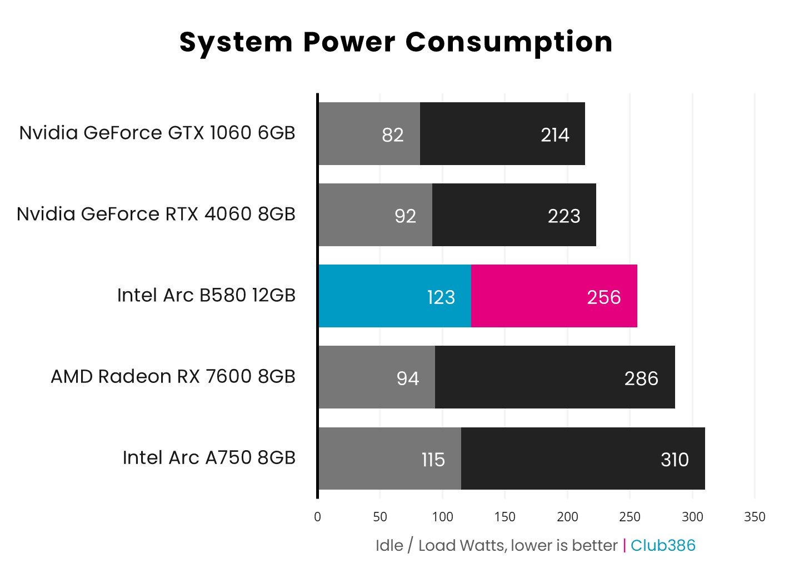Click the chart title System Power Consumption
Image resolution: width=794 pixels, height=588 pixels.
point(396,42)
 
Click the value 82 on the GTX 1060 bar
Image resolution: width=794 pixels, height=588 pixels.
point(392,135)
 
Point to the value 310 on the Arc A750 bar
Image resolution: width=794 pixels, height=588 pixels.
point(675,460)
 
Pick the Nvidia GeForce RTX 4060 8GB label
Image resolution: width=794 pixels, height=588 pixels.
point(156,214)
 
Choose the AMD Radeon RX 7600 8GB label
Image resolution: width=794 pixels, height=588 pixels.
point(173,377)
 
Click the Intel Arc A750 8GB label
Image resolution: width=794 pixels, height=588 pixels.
point(209,458)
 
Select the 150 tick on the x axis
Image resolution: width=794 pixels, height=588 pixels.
point(505,517)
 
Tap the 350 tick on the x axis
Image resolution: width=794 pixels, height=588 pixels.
point(754,517)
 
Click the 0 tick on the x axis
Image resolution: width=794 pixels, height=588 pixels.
point(317,517)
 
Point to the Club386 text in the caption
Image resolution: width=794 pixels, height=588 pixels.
point(663,545)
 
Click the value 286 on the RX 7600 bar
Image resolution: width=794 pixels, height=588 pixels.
point(641,378)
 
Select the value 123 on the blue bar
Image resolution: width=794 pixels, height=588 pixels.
point(441,297)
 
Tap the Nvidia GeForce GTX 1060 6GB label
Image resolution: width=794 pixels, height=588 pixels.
point(157,133)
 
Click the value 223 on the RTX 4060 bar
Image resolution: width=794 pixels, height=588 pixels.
point(564,216)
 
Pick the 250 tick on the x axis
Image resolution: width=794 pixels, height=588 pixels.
point(630,517)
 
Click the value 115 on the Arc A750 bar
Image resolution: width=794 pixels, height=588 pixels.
point(433,460)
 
